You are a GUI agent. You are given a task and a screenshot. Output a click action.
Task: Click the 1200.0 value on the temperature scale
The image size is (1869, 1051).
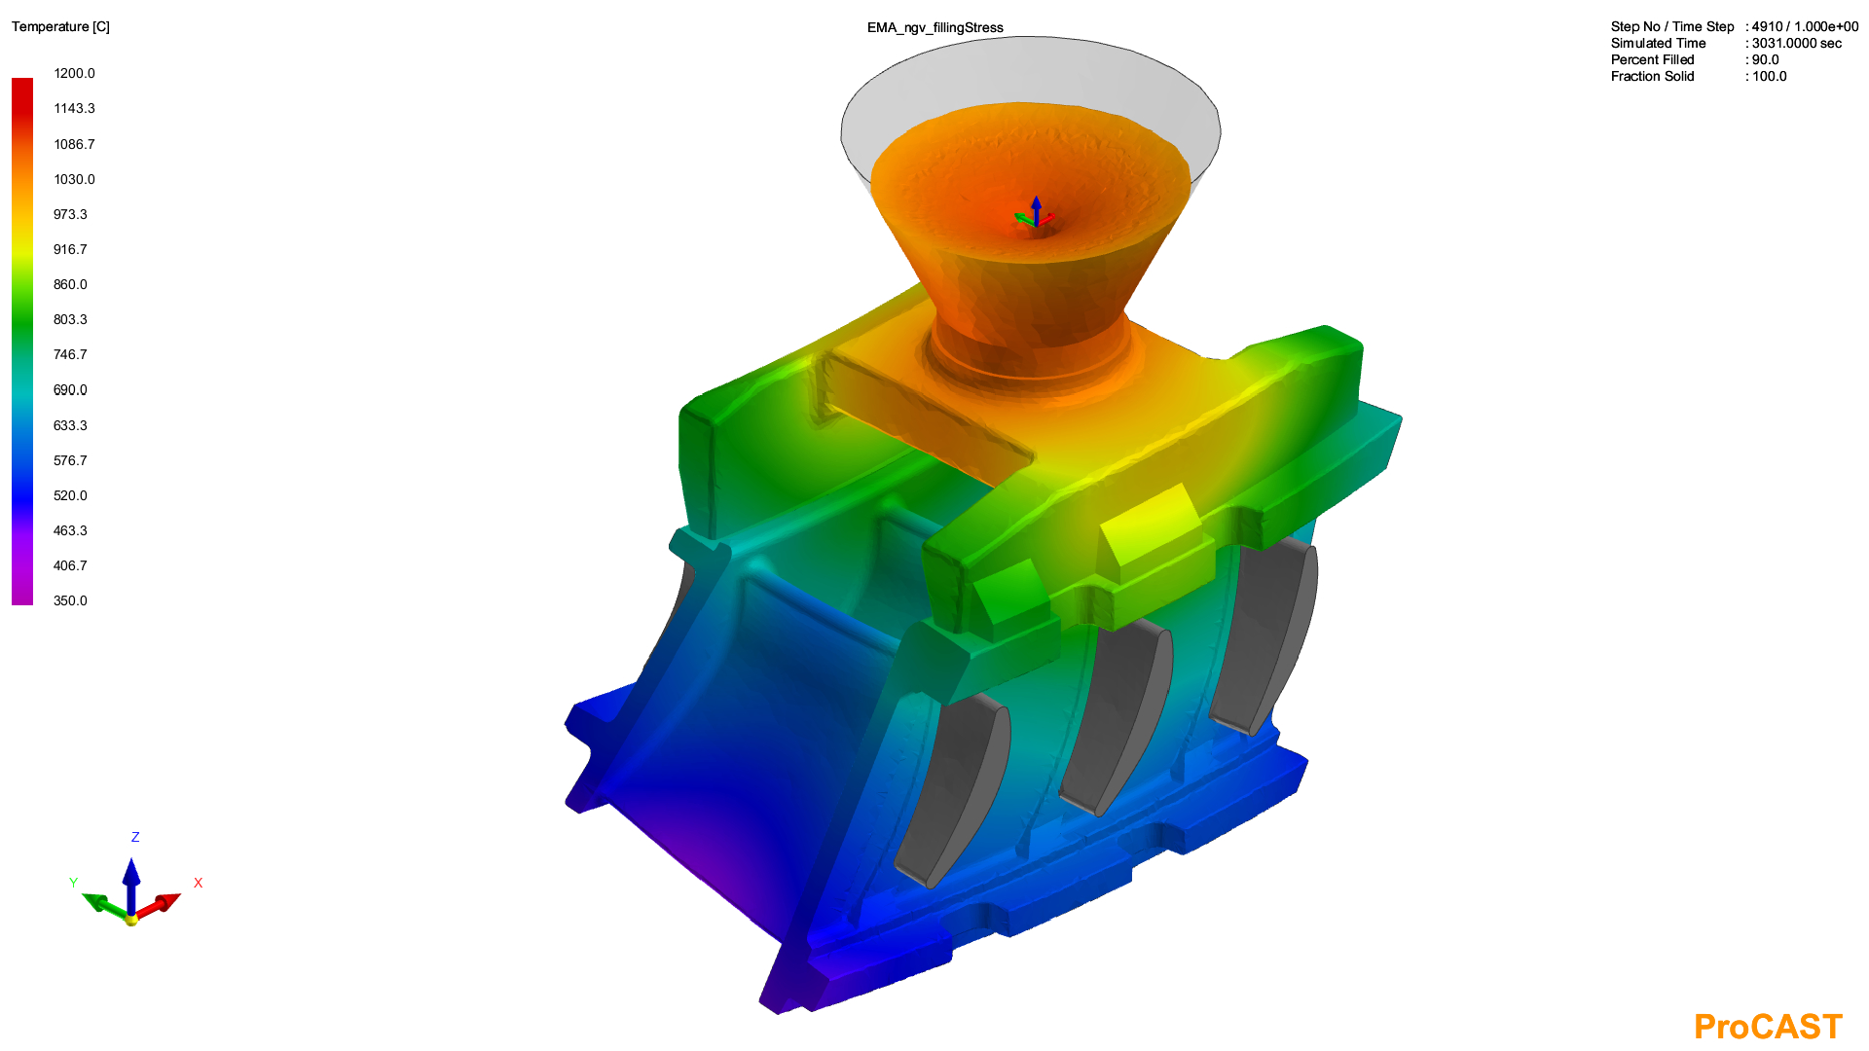[74, 73]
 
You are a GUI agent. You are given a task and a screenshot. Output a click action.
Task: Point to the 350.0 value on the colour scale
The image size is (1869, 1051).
[70, 600]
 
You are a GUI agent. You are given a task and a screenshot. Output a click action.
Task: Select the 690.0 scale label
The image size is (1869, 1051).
[70, 389]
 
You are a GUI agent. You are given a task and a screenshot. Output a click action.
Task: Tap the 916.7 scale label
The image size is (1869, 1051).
[70, 249]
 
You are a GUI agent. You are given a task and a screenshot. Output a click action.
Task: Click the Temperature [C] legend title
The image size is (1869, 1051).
[60, 26]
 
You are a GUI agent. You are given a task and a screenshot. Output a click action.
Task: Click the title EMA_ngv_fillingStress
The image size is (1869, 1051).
[934, 27]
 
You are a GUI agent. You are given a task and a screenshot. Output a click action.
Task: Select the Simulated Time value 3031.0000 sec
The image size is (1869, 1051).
[1797, 43]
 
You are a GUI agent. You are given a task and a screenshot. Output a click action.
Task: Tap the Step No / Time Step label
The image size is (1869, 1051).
[1672, 26]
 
